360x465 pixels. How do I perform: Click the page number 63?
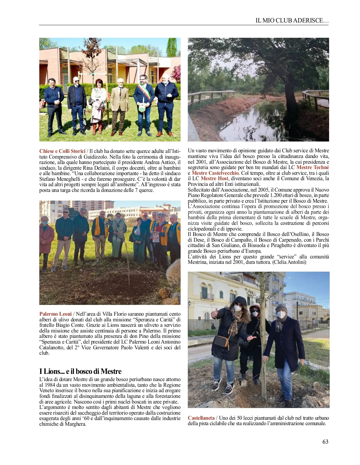(x=325, y=442)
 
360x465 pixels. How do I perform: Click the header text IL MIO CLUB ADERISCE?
(x=292, y=20)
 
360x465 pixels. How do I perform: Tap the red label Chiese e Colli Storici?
(x=62, y=151)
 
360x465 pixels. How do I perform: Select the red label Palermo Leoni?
(x=55, y=314)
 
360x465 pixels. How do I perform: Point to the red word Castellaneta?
(x=201, y=418)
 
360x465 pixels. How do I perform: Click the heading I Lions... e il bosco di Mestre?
(x=80, y=371)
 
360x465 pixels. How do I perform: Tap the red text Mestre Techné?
(x=313, y=167)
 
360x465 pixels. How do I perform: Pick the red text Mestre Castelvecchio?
(x=215, y=173)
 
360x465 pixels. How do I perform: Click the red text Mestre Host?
(x=214, y=178)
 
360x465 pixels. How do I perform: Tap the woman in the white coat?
(x=98, y=103)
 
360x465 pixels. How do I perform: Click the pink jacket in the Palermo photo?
(x=46, y=238)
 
